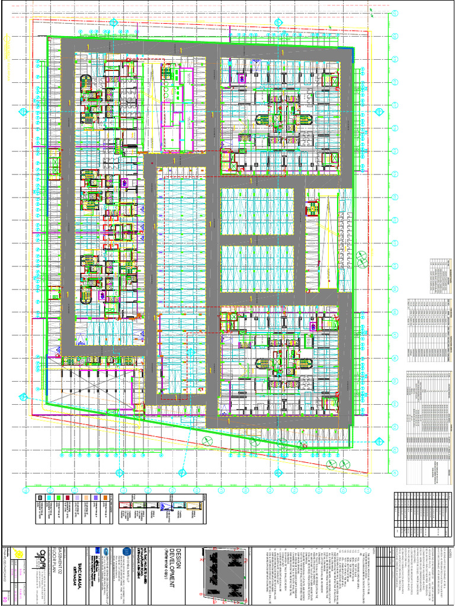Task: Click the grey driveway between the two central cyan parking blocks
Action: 257,240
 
